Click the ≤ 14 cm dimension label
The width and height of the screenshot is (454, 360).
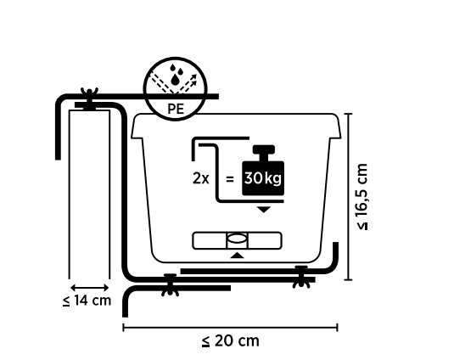pos(87,300)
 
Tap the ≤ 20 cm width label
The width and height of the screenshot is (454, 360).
pos(231,340)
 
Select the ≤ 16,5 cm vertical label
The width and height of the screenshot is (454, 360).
pos(362,197)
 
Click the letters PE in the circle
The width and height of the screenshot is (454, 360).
pos(176,109)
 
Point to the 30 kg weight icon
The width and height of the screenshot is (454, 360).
pos(263,171)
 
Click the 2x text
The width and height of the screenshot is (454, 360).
pos(200,178)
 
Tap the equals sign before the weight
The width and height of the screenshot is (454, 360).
pos(230,179)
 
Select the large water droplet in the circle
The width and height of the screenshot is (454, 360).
pos(175,80)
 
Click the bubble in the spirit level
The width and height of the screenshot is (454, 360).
pos(237,239)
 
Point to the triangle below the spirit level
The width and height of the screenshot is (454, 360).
pos(237,256)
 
